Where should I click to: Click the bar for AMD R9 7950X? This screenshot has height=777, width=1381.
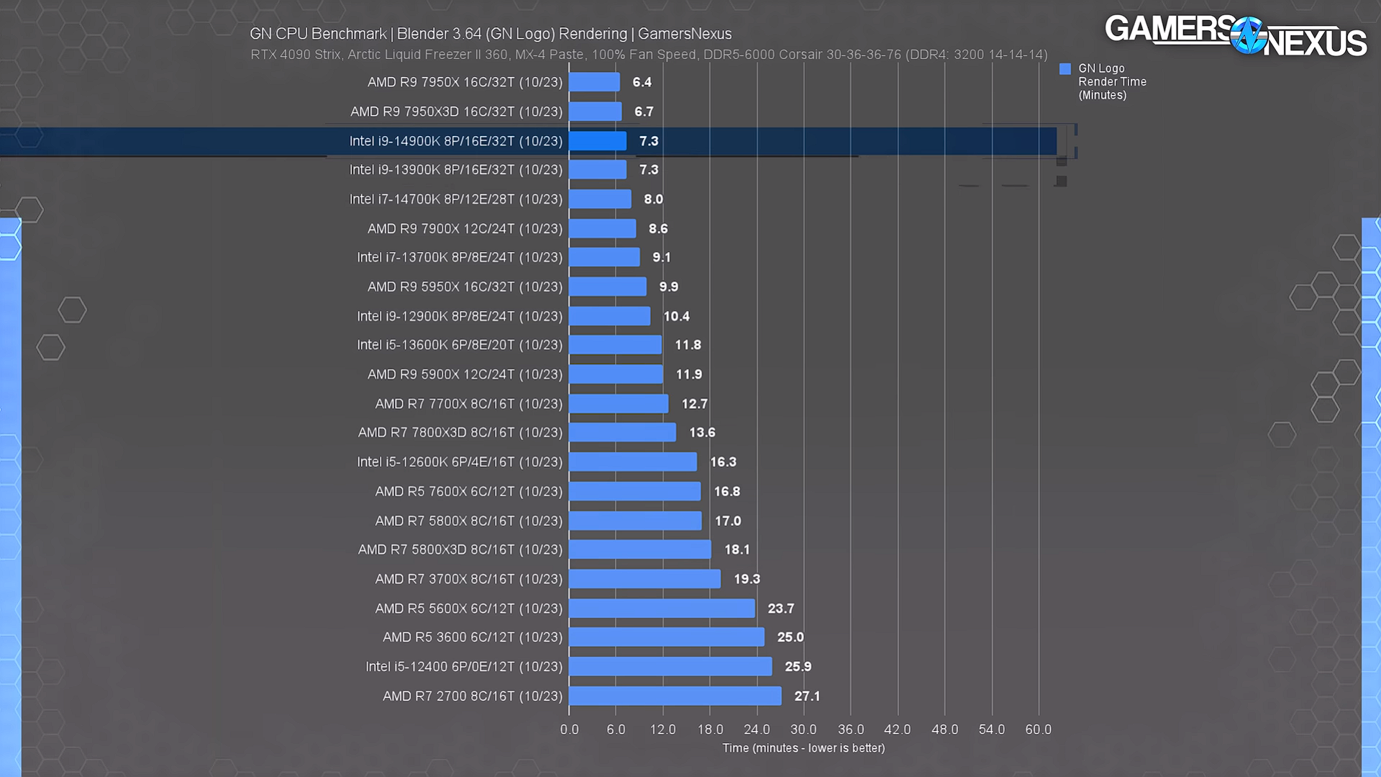click(x=594, y=82)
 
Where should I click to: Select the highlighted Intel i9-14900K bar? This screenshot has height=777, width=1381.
click(x=598, y=141)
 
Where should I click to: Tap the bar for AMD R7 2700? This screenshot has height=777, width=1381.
click(x=675, y=696)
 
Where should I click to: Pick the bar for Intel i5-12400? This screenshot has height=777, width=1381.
click(x=670, y=666)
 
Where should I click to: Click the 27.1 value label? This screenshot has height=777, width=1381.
click(x=807, y=696)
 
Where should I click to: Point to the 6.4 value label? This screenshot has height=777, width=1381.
click(x=642, y=82)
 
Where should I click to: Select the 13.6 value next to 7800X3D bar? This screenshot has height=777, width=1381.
click(x=702, y=432)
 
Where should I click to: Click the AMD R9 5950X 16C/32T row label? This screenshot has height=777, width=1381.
click(x=465, y=286)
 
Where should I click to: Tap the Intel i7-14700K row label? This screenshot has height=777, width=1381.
click(x=455, y=199)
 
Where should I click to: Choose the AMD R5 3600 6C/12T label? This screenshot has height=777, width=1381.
click(x=472, y=637)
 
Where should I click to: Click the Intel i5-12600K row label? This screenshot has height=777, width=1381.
click(x=460, y=462)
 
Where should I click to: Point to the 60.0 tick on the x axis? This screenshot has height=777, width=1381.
click(x=1038, y=730)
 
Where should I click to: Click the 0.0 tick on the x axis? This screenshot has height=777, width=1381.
click(x=569, y=730)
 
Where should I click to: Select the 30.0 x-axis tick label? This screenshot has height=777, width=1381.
click(x=803, y=730)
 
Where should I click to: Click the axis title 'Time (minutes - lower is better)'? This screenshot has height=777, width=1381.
click(x=803, y=748)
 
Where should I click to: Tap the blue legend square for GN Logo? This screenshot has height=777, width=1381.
click(x=1065, y=69)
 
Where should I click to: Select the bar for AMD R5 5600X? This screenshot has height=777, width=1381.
click(x=662, y=608)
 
